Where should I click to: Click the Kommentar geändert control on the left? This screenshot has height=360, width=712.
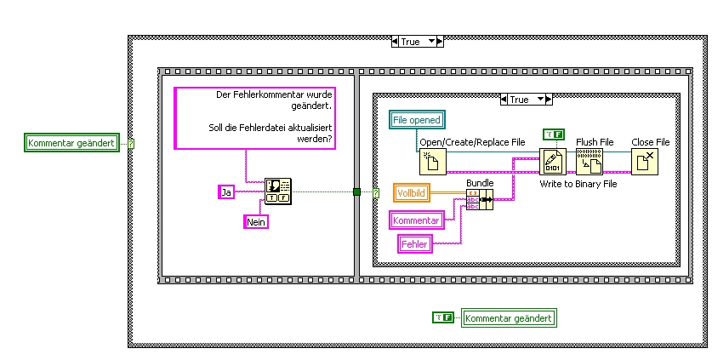point(71,143)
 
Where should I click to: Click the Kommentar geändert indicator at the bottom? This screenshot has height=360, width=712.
point(508,318)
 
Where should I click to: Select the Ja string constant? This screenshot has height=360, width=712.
point(226,192)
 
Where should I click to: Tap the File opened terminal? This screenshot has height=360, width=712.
point(417,120)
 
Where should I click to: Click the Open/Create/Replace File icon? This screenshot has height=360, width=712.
point(432,161)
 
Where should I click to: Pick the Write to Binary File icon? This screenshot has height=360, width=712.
point(553,161)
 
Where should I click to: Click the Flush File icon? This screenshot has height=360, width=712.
point(590,161)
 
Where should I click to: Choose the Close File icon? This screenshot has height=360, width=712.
point(645,161)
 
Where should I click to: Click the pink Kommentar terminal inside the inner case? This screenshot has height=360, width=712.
point(417,220)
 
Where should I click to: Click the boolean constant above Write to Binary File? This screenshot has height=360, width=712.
point(553,134)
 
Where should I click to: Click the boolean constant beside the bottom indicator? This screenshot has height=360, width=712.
point(443,317)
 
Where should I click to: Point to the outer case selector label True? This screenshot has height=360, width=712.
point(410,41)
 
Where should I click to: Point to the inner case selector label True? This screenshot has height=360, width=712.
point(519,100)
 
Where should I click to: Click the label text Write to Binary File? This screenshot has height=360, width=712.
point(578,183)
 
